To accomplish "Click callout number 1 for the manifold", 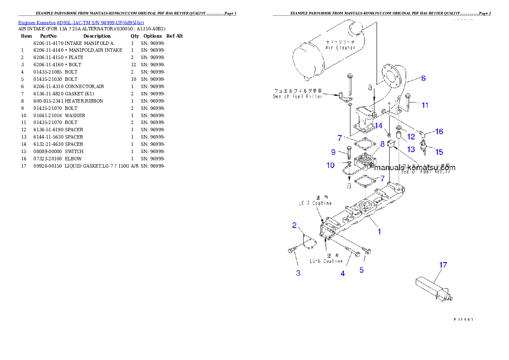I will coord(379,232).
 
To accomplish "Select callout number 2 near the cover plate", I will coord(295,225).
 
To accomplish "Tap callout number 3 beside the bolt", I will coord(298,273).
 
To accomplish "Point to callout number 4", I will coord(343,274).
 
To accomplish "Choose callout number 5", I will coord(361,270).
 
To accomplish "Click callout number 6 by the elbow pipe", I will coord(423,78).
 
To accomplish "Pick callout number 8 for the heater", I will coord(382,145).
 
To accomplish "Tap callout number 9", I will coord(333,152).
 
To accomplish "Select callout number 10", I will coord(331,165).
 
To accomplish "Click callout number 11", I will coord(425,105).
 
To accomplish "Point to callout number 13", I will coord(411,149).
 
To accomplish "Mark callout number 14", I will coord(379,126).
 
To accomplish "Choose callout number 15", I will coord(439,152).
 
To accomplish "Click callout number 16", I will coord(439,132).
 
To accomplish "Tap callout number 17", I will coord(443,265).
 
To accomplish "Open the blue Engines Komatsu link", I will coord(81,22).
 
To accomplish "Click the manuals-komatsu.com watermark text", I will coord(414,168).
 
